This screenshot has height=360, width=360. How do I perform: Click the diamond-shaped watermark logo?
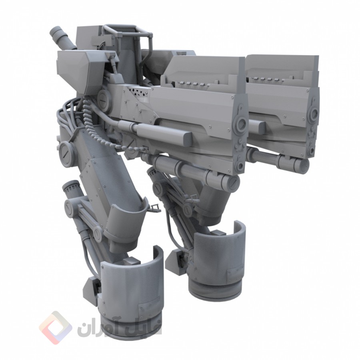pos(56,328)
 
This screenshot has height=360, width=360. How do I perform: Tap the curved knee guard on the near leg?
pos(128,222)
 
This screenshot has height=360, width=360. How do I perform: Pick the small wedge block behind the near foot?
pos(94,285)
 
